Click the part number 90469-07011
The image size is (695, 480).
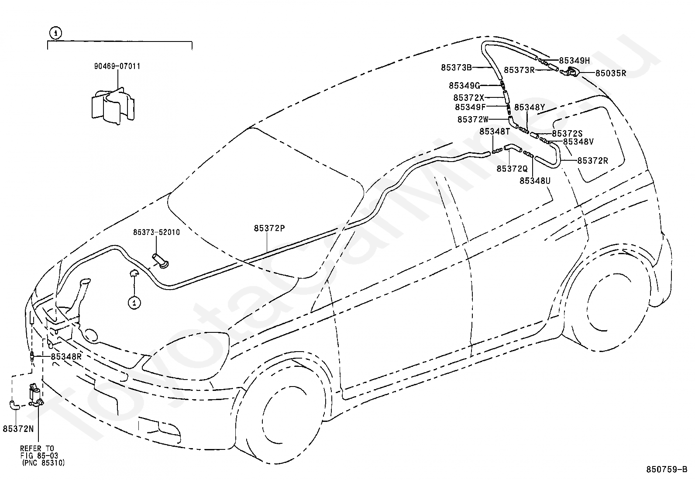(117, 66)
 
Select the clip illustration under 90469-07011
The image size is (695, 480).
(113, 106)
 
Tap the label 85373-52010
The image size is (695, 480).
(156, 232)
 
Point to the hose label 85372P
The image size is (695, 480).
(269, 228)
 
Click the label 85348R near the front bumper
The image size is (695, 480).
(66, 356)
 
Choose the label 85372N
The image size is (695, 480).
(18, 429)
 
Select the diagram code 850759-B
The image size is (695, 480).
(667, 470)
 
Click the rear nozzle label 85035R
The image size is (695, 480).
(611, 73)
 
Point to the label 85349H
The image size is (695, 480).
(575, 61)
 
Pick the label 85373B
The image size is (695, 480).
(456, 67)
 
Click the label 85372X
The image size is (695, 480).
(468, 98)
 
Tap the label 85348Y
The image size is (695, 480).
(530, 107)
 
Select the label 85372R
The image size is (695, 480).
(592, 161)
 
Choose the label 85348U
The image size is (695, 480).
(535, 181)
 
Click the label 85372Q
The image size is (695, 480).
(512, 169)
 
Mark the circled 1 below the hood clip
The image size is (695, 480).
(134, 303)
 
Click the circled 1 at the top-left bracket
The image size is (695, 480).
(55, 33)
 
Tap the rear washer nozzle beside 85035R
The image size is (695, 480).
(570, 73)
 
